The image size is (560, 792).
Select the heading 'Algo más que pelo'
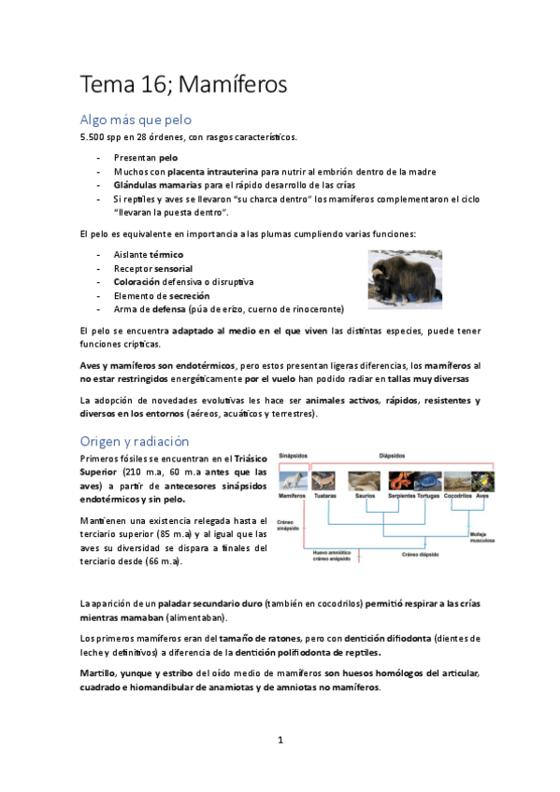(x=136, y=120)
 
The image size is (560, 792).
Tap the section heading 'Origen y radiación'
(x=135, y=441)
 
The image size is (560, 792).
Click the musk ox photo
(x=404, y=279)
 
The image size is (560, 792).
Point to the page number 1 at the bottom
(x=280, y=740)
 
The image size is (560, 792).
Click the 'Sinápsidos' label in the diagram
(x=296, y=457)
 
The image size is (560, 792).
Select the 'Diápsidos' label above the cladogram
(x=393, y=457)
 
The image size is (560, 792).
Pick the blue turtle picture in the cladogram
(x=426, y=481)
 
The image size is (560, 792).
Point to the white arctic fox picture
(x=295, y=481)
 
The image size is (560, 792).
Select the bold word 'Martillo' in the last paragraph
(x=99, y=673)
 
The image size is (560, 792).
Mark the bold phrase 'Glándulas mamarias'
(x=152, y=185)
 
